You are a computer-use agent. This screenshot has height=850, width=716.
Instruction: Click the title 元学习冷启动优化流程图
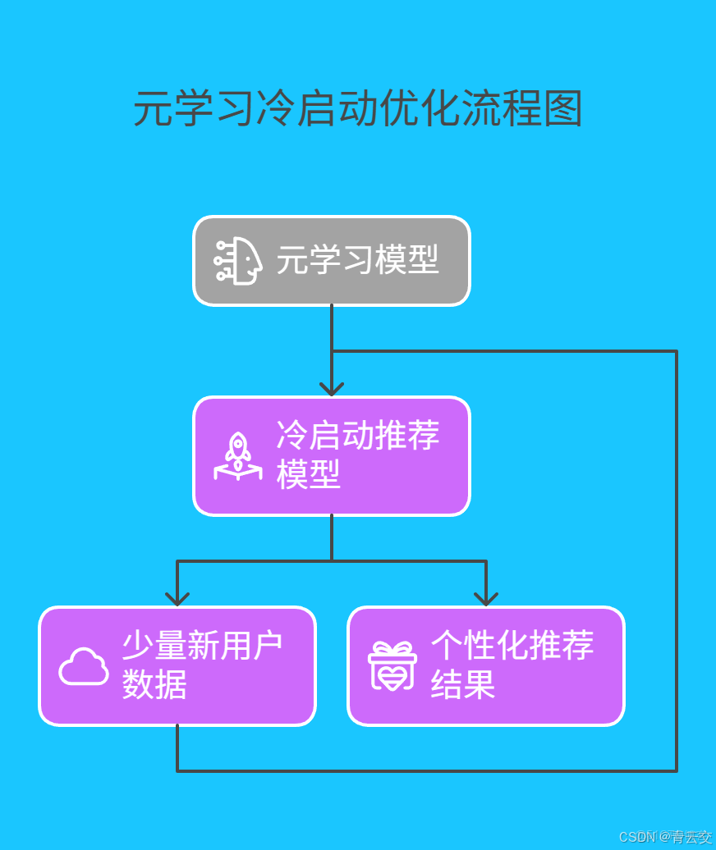point(358,108)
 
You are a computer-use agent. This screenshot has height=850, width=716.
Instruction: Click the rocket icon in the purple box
point(238,456)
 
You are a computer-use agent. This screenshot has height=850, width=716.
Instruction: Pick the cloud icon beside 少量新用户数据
point(84,666)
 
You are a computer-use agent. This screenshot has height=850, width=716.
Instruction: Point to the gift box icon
point(392,665)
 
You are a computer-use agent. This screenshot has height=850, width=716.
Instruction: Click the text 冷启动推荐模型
point(358,455)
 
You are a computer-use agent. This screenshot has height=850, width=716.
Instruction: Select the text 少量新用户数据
point(202,665)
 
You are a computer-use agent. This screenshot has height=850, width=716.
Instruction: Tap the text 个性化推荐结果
point(512,665)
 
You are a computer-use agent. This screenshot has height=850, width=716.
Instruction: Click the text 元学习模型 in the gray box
point(357,261)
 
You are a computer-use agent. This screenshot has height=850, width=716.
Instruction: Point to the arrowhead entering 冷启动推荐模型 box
point(332,389)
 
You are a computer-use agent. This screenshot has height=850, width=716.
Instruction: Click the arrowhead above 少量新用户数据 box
point(177,599)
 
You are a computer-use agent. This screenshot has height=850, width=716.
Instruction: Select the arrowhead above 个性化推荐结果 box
point(486,599)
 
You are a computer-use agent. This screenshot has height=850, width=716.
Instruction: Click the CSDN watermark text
point(665,837)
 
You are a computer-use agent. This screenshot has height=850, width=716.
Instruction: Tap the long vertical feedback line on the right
point(677,558)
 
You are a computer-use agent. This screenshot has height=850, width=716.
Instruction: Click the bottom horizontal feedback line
point(427,771)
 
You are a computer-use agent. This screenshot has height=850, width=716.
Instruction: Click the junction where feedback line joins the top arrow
point(332,351)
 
